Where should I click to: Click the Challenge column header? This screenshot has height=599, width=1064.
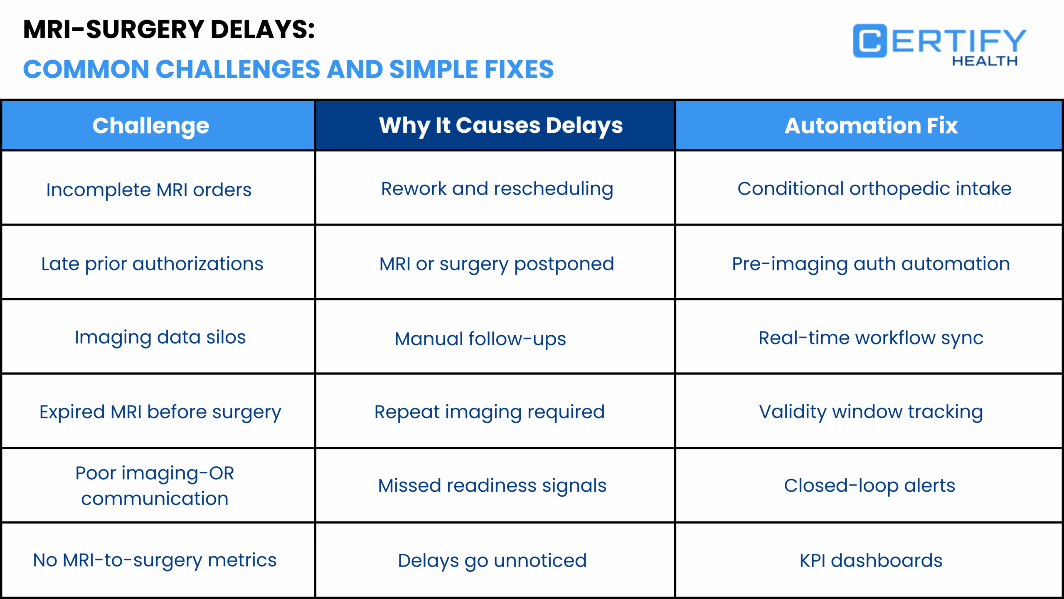click(x=150, y=126)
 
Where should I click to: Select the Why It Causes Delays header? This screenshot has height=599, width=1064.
click(x=500, y=126)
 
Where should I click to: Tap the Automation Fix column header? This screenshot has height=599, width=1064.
click(x=871, y=126)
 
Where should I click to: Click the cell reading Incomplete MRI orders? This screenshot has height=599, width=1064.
click(x=149, y=190)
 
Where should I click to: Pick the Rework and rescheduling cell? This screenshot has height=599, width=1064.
click(x=497, y=189)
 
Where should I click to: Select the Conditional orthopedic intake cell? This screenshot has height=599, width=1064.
click(x=874, y=189)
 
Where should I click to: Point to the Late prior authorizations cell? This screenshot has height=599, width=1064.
click(x=152, y=264)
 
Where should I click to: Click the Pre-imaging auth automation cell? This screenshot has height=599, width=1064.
click(x=871, y=264)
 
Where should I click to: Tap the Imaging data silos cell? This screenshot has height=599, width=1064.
click(x=160, y=337)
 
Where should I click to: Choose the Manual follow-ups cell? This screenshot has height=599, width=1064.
click(x=480, y=339)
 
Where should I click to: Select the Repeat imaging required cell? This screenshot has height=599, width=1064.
click(x=490, y=412)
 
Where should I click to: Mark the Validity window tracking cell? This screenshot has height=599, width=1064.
click(x=871, y=412)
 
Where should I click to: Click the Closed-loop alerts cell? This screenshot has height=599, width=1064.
click(x=869, y=485)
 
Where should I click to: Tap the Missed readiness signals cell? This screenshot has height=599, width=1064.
click(x=492, y=485)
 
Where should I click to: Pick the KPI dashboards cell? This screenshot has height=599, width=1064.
click(x=871, y=560)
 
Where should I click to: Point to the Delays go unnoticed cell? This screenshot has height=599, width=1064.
click(x=492, y=560)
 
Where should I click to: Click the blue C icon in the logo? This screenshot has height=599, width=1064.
click(x=869, y=41)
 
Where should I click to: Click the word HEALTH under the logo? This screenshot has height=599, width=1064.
click(x=985, y=61)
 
